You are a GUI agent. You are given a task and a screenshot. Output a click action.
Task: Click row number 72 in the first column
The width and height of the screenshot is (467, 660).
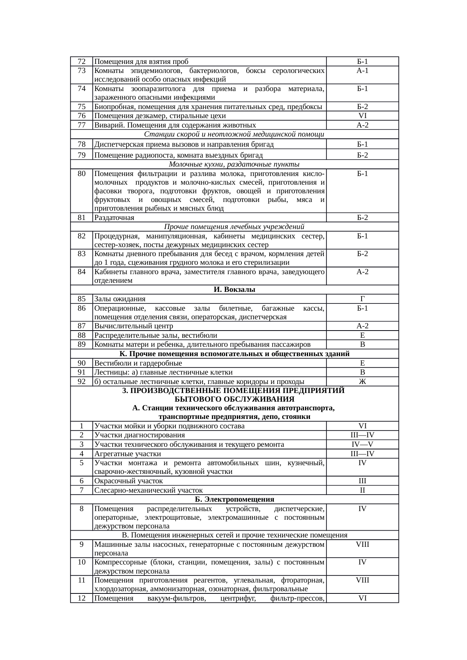(x=81, y=62)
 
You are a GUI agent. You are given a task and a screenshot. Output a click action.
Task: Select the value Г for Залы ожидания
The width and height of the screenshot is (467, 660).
(x=362, y=299)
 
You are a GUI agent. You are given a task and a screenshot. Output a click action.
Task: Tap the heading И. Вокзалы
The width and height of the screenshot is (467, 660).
(x=234, y=290)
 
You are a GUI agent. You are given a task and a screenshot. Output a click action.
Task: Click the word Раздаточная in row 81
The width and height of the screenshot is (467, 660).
(x=114, y=218)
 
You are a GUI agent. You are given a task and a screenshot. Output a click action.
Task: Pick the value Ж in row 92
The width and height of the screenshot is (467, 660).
(x=362, y=382)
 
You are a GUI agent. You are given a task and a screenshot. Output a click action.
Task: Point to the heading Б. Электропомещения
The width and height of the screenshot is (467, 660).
(x=234, y=499)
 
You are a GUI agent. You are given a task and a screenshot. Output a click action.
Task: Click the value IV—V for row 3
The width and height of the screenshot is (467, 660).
(x=362, y=445)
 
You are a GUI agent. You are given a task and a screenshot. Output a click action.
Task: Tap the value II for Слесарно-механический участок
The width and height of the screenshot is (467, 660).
(x=362, y=490)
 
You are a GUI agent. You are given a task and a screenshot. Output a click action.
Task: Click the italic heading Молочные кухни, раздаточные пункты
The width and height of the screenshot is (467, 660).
(x=234, y=164)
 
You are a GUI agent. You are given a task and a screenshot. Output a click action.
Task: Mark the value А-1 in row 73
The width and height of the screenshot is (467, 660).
(x=362, y=71)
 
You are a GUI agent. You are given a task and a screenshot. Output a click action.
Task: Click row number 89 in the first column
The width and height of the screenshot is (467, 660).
(x=81, y=344)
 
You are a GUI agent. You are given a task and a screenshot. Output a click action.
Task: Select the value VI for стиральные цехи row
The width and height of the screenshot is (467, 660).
(x=362, y=116)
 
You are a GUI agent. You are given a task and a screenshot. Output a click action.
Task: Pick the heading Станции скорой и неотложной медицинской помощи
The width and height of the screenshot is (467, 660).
(x=234, y=134)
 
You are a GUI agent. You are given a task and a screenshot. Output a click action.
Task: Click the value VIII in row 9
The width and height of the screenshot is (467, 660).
(x=362, y=544)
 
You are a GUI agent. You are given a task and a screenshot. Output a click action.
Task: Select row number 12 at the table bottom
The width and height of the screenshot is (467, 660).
(x=81, y=598)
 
